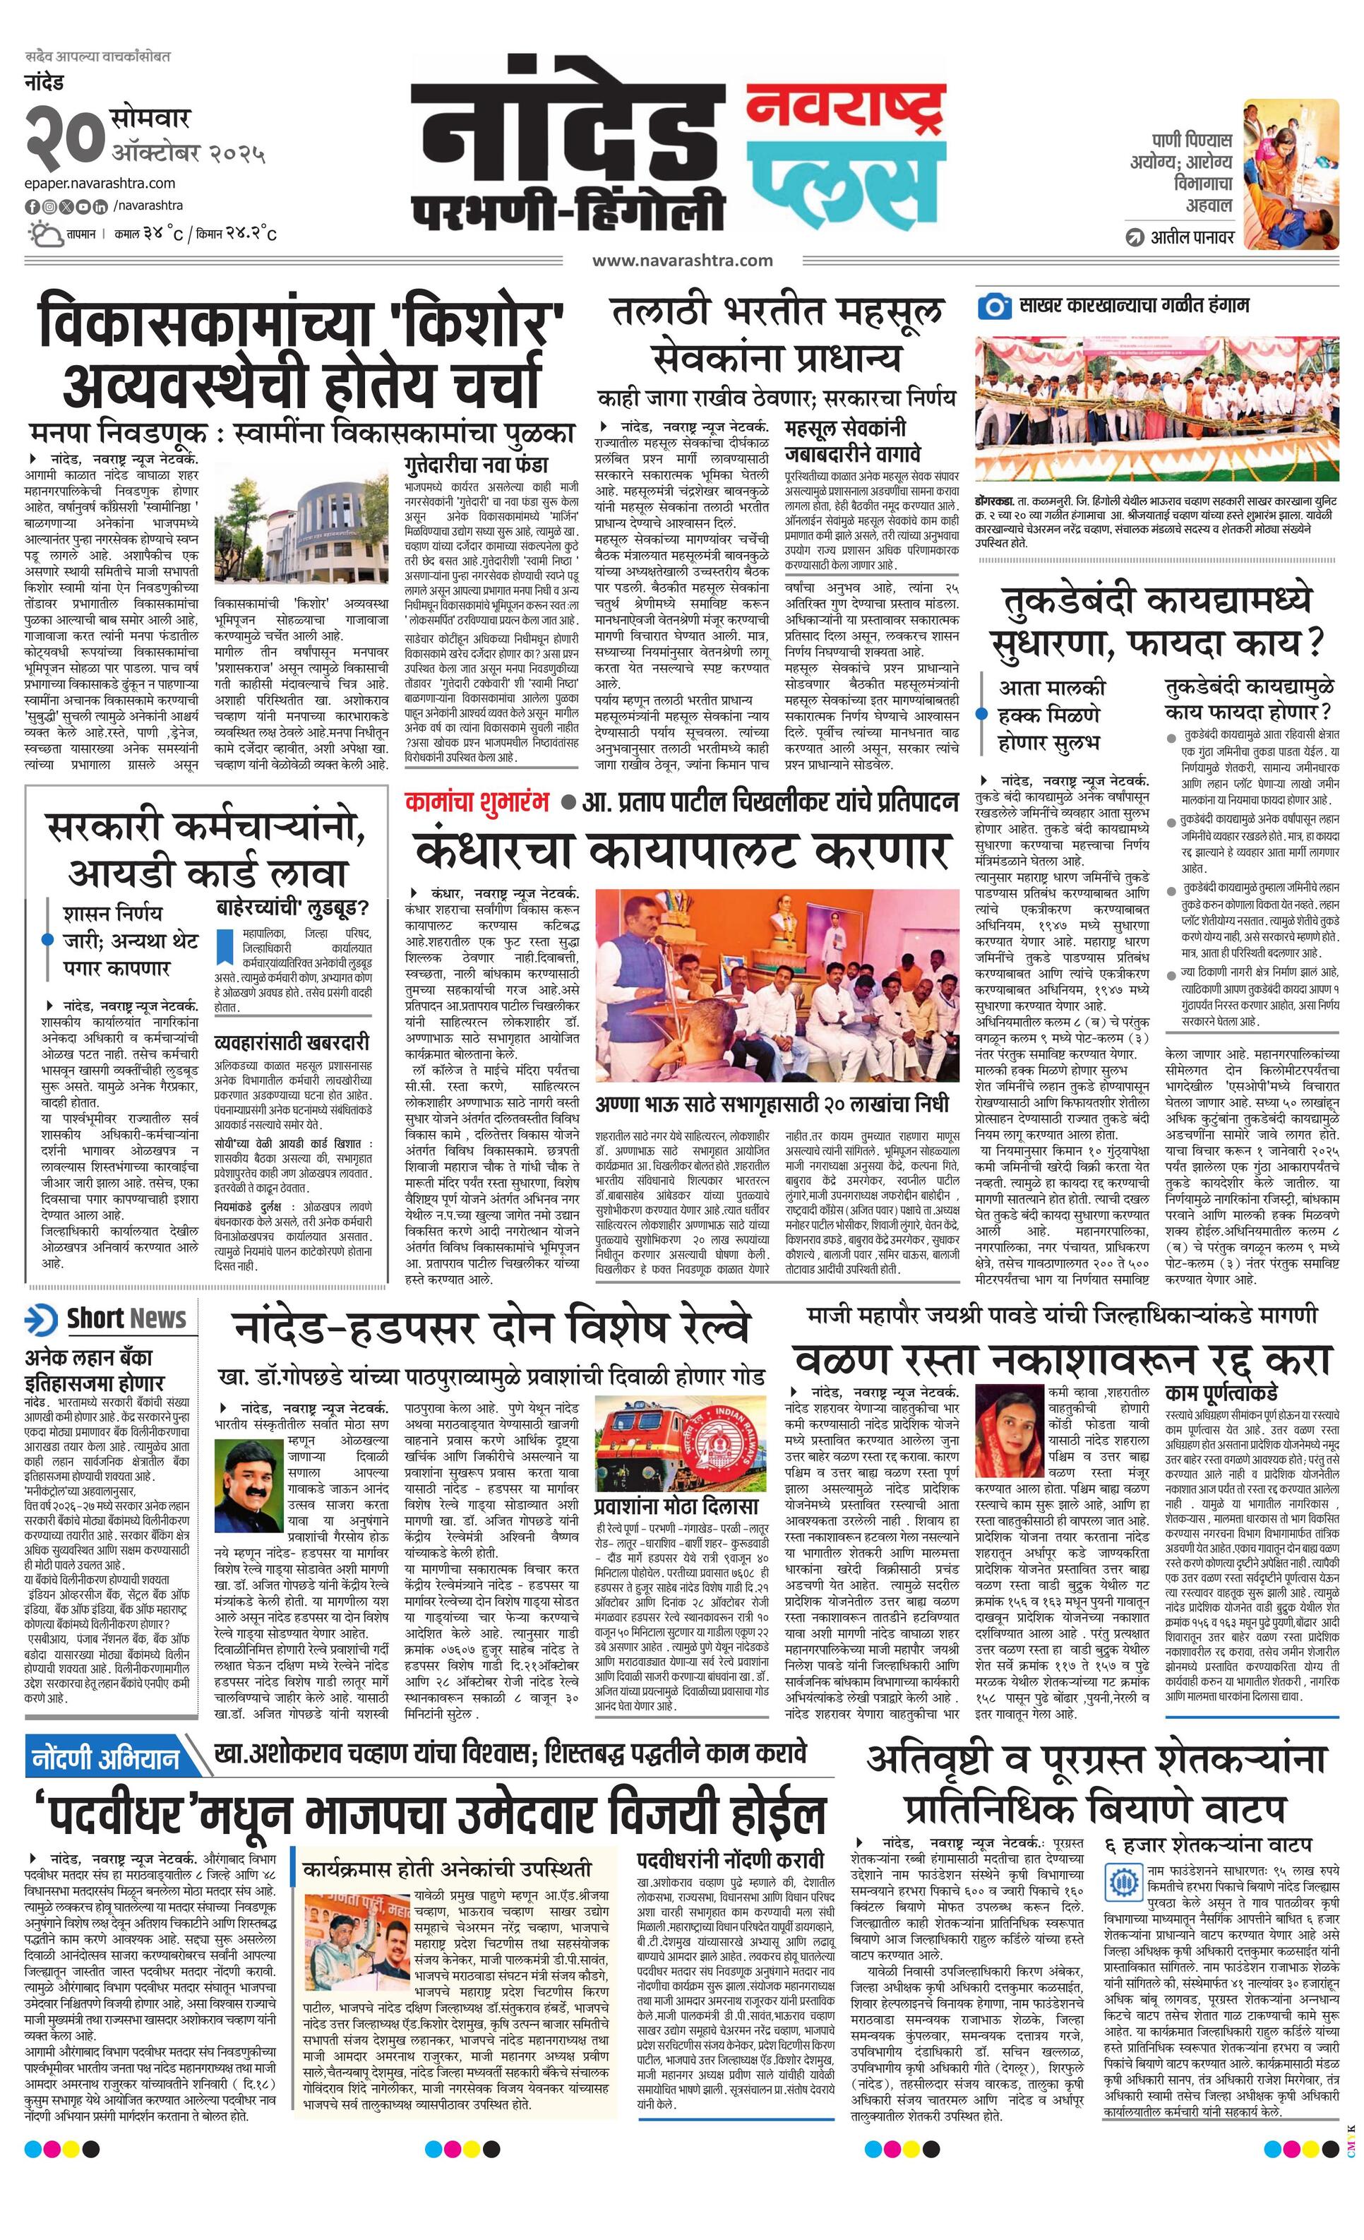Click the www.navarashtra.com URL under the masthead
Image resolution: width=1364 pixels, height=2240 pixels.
pos(683,260)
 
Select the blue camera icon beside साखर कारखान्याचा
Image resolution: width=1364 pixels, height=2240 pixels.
pos(994,306)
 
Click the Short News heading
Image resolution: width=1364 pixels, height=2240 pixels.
pos(126,1319)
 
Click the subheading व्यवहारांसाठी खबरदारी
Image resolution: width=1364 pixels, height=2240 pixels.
pos(292,1042)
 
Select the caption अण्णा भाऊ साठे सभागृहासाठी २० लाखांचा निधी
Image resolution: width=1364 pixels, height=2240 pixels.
pos(772,1104)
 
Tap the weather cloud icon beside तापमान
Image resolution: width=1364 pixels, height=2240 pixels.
pos(42,234)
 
